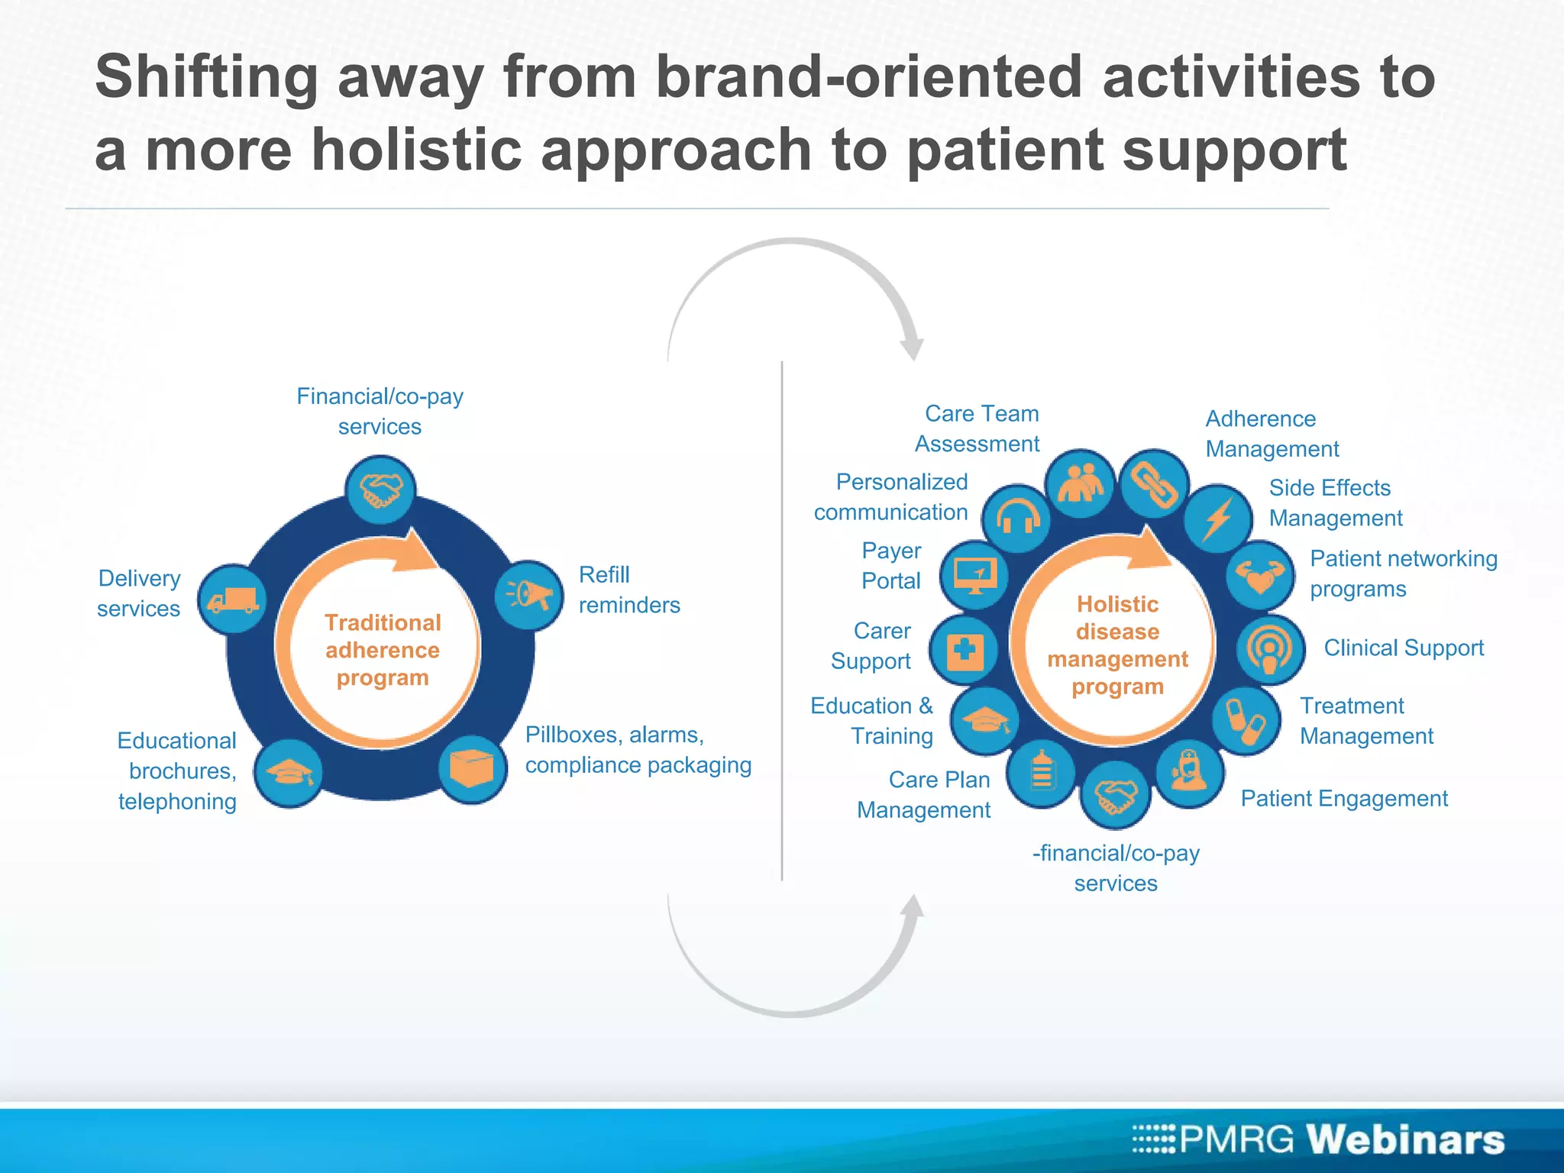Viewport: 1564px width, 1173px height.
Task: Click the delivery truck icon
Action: coord(233,599)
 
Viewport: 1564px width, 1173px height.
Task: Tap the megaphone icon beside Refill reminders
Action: coord(528,594)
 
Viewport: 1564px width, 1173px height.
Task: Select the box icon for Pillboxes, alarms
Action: coord(472,768)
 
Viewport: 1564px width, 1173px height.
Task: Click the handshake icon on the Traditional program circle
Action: coord(380,490)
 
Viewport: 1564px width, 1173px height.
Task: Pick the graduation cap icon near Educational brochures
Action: coord(287,773)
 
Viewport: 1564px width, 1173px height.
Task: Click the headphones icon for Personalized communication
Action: coord(1016,519)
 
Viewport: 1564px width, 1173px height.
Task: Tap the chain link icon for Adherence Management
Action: coord(1154,483)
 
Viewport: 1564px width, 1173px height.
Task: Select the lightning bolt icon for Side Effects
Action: coord(1217,519)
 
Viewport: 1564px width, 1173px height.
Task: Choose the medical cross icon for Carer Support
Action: coord(965,650)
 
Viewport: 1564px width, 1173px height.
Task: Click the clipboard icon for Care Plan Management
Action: coord(1042,774)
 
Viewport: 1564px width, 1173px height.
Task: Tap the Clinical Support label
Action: coord(1403,648)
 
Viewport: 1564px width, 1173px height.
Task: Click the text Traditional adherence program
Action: coord(382,650)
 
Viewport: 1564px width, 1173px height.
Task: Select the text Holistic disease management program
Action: coord(1117,645)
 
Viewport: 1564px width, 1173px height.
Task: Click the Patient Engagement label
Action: coord(1343,798)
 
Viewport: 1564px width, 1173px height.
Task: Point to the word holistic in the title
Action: coord(416,149)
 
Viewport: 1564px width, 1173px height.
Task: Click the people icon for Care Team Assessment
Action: coord(1080,483)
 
